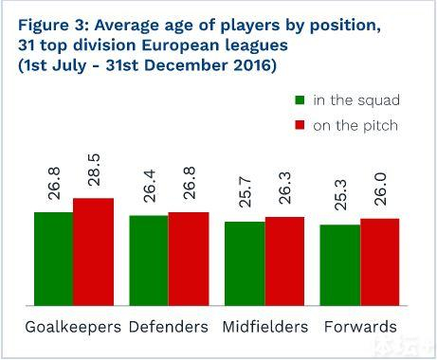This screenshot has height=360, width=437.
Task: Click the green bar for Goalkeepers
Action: (54, 259)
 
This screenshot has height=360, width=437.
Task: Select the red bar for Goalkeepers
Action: (94, 252)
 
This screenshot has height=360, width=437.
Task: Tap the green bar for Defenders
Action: (149, 261)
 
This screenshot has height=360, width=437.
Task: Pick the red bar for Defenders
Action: (189, 259)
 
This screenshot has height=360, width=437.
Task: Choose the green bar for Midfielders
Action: (245, 263)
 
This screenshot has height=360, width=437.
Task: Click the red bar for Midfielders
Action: (284, 261)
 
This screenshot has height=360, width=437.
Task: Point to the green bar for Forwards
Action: (340, 265)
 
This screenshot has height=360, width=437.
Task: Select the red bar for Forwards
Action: (380, 262)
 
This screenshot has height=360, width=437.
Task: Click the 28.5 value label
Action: (94, 170)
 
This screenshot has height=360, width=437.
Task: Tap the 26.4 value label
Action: (149, 186)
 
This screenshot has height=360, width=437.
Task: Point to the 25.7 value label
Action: (245, 192)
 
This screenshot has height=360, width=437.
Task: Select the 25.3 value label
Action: (340, 195)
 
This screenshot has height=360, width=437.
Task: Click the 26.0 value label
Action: (380, 189)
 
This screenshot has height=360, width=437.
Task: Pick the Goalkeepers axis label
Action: (73, 327)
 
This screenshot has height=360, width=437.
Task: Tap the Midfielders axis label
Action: (265, 327)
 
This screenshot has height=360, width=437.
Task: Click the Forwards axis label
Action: (360, 327)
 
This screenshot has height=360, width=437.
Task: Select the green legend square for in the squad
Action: (300, 100)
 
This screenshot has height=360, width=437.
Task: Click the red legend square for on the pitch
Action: (300, 125)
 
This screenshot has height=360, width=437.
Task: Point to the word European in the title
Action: (180, 45)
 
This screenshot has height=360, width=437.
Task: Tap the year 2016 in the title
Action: (252, 65)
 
